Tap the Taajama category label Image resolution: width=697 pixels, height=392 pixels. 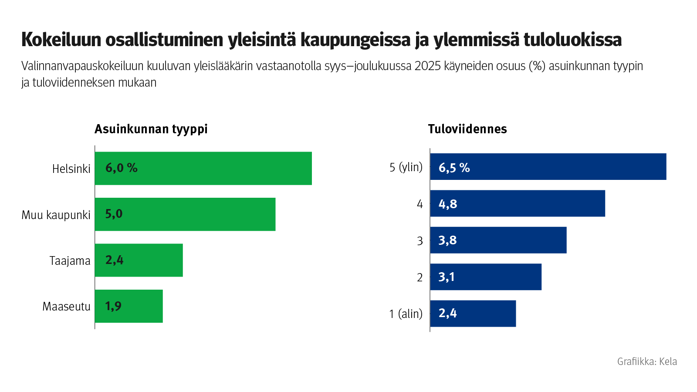70,261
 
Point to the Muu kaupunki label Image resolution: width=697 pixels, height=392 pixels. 56,215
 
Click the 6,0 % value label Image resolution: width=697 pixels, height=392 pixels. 121,168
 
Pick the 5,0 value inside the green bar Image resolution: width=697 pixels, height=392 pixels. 114,214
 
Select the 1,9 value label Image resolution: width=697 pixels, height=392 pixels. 113,306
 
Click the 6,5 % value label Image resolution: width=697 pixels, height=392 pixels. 454,168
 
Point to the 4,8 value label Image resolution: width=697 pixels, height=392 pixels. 447,204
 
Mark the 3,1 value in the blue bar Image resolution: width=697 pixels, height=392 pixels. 446,277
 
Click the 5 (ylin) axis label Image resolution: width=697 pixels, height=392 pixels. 406,167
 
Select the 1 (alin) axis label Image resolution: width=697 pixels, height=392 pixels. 406,314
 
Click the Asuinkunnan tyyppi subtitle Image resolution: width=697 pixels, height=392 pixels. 151,129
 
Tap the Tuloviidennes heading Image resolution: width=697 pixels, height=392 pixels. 467,129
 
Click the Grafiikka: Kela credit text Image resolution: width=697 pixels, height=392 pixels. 646,362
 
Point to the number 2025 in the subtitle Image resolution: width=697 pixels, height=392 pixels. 427,66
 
